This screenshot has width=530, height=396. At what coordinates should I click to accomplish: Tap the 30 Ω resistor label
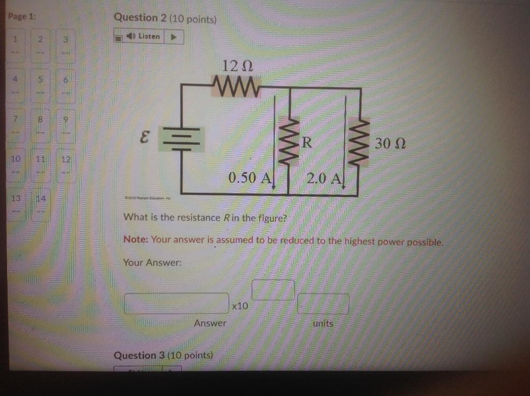(x=390, y=143)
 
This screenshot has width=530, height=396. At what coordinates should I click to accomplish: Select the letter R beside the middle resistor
(x=306, y=143)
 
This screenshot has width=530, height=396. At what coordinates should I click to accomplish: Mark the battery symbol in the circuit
(x=181, y=139)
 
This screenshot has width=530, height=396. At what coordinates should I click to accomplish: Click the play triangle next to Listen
(x=174, y=37)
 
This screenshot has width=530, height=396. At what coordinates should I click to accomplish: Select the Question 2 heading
(x=165, y=18)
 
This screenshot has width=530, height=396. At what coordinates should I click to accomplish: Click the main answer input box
(x=176, y=303)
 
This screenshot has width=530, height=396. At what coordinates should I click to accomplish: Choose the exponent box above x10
(x=273, y=290)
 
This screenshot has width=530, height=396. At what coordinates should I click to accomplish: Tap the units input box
(x=323, y=304)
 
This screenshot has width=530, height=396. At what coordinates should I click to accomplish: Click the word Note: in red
(x=136, y=240)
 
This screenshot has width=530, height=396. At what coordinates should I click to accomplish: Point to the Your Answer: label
(x=153, y=263)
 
